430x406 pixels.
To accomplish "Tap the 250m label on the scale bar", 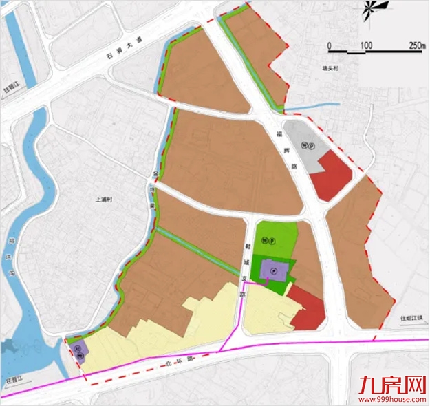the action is [416, 45].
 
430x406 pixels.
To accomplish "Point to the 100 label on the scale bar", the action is [365, 45].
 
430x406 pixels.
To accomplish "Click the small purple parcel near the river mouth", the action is [78, 350].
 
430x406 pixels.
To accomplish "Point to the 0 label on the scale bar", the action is [330, 45].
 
